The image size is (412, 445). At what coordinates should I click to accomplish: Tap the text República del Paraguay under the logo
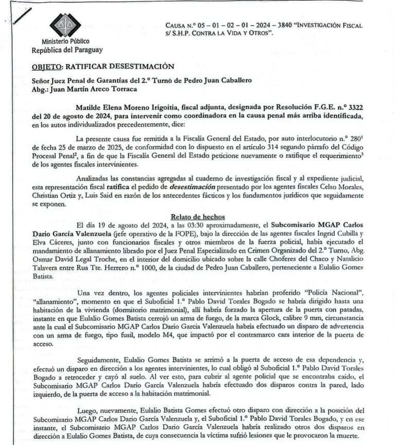(67, 50)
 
